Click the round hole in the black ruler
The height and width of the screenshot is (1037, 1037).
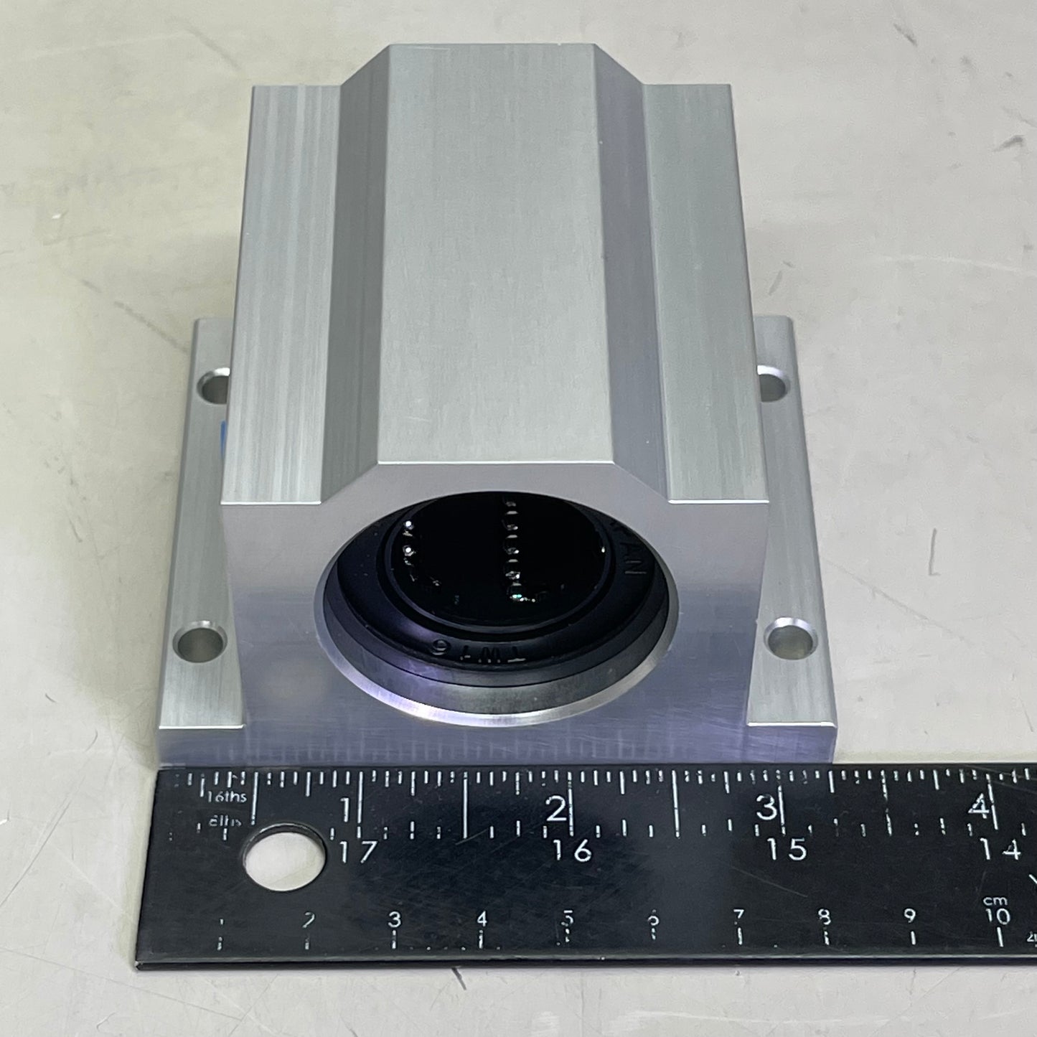click(281, 858)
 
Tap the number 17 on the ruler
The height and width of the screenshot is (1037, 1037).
click(357, 852)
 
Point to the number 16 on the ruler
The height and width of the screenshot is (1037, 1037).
click(573, 851)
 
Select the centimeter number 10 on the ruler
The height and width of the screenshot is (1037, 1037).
click(998, 916)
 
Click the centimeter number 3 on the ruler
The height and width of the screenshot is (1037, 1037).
click(394, 919)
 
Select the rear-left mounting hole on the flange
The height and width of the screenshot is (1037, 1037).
click(213, 385)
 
